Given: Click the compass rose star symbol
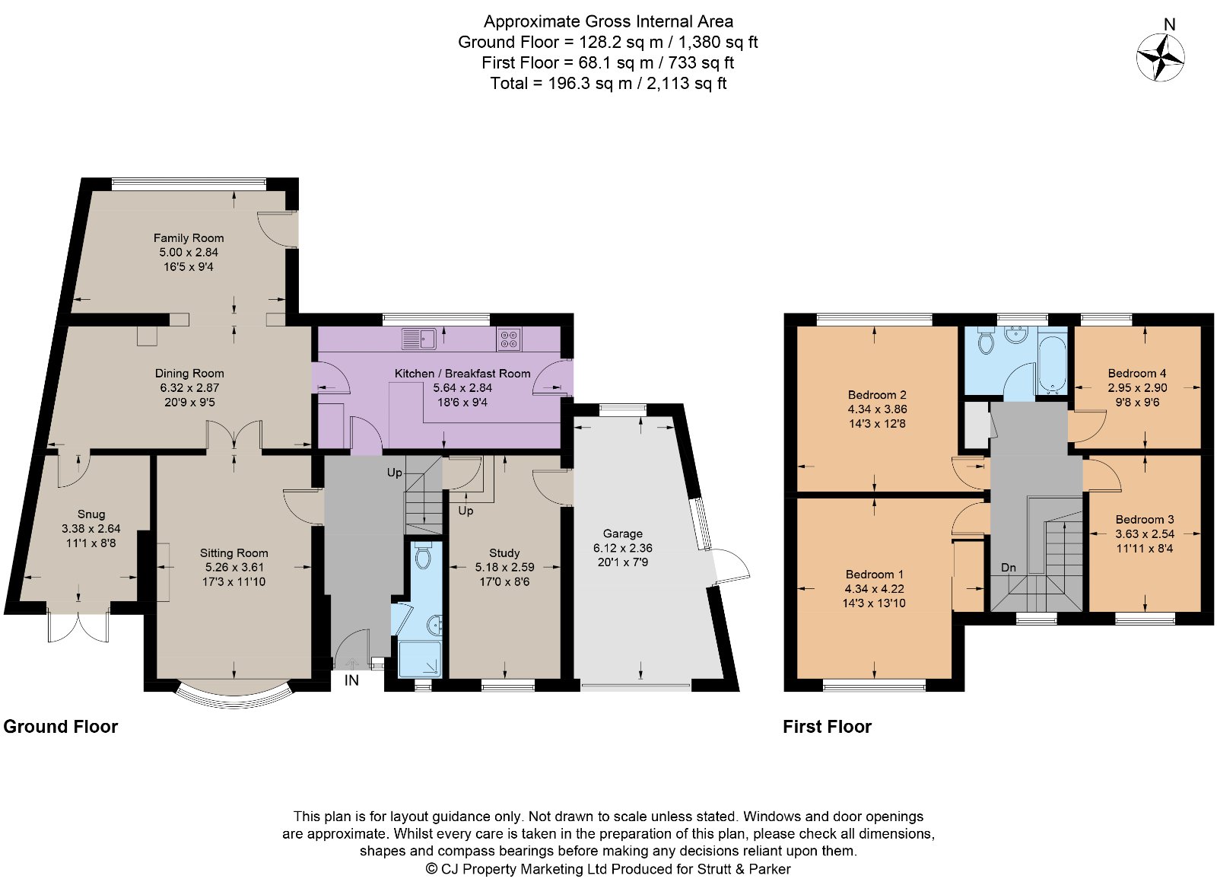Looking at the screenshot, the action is [x=1160, y=58].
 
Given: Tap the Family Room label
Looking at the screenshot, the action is [x=189, y=238].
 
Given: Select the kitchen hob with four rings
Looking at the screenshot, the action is [x=509, y=339].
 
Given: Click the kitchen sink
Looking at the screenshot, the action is [x=418, y=339].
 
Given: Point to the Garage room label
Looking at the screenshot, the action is [x=623, y=533].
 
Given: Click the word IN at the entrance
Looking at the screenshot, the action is [x=351, y=680].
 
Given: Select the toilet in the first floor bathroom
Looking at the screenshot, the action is [x=985, y=342].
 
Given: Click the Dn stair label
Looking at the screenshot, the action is [x=1009, y=568].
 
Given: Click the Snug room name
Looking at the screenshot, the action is [x=91, y=514].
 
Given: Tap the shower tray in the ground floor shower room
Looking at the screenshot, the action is [x=420, y=659].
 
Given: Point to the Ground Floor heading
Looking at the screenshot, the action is [x=60, y=727].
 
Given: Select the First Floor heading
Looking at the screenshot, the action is [x=827, y=727].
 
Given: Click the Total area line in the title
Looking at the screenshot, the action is [x=608, y=83].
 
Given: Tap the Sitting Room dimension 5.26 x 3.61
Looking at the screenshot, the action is [x=234, y=568].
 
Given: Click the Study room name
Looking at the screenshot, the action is [x=505, y=553].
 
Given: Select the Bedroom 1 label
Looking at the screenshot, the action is [x=874, y=575].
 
